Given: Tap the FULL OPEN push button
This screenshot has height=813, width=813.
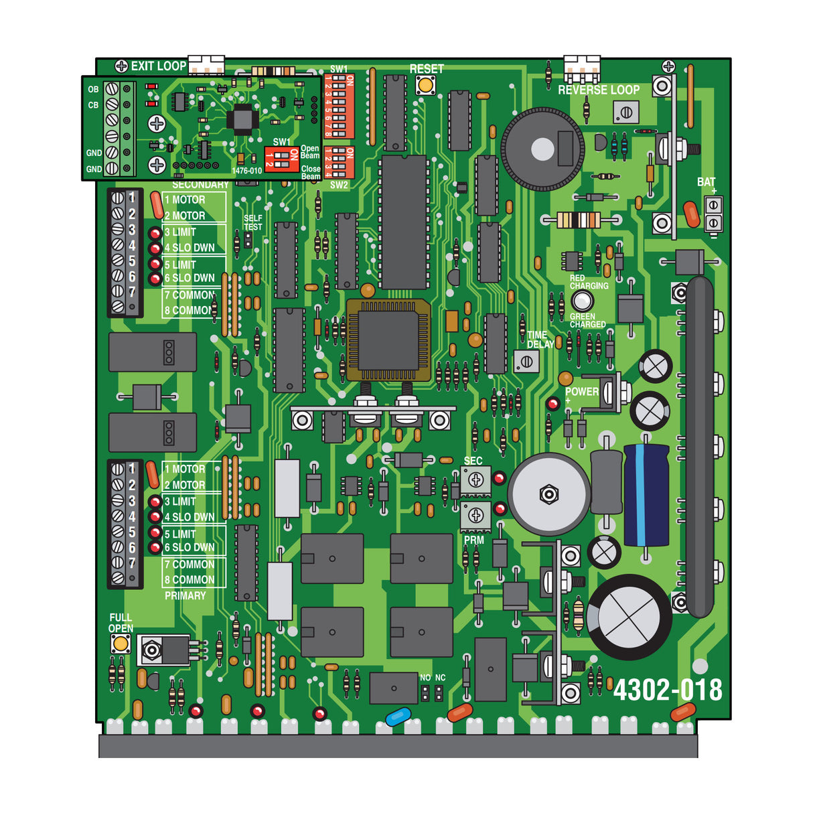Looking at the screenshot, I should (121, 644).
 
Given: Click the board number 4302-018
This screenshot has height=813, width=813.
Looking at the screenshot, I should (668, 690).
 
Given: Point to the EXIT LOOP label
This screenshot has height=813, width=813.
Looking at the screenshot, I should (158, 66).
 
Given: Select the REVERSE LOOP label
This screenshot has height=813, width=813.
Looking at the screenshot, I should (598, 90).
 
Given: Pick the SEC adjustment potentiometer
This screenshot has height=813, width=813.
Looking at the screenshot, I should (475, 479).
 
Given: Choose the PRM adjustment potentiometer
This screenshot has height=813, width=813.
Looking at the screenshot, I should (475, 516).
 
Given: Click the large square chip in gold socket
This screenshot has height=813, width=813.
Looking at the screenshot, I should (388, 340).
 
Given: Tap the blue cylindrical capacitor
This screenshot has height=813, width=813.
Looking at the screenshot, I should (646, 496).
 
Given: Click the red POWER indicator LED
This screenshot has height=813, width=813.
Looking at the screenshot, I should (552, 404).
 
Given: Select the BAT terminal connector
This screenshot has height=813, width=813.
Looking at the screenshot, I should (714, 214).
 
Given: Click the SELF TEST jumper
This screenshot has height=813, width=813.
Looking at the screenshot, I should (248, 240).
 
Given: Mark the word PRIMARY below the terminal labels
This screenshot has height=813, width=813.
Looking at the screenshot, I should (186, 595).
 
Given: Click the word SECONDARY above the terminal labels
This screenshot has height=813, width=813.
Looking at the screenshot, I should (200, 185).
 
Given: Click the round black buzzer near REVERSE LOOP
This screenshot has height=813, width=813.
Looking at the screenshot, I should (542, 149).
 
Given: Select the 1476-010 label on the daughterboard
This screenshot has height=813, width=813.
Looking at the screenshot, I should (246, 171).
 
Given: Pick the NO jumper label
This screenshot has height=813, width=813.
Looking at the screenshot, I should (425, 678).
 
